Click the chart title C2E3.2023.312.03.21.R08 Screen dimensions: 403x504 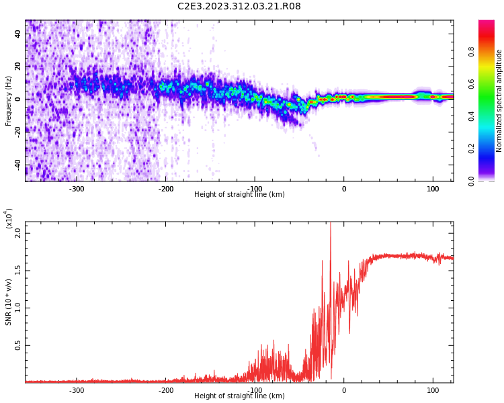[x=239, y=6]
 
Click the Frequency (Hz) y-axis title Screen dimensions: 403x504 [x=9, y=101]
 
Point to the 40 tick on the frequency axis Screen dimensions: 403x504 [x=18, y=34]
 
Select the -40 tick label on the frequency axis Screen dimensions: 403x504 [x=17, y=165]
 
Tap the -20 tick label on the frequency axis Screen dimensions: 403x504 [x=17, y=132]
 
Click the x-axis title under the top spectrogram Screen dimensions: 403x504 [x=239, y=195]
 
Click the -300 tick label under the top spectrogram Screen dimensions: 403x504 [x=77, y=188]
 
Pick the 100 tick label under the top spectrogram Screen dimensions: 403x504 [x=433, y=188]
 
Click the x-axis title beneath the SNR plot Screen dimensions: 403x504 [x=239, y=396]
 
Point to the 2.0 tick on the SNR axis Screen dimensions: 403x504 [x=17, y=233]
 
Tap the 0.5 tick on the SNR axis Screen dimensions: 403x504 [x=17, y=346]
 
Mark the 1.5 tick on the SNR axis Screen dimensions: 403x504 [x=17, y=271]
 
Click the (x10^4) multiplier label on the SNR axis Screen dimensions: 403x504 [x=9, y=218]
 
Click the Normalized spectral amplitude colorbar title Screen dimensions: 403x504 [x=499, y=101]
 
